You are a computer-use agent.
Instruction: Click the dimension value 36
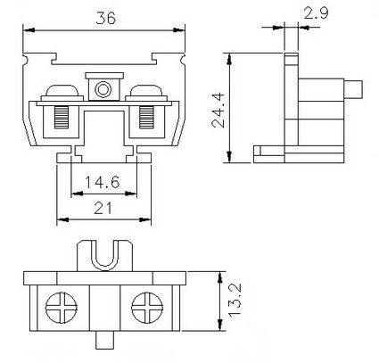click(105, 18)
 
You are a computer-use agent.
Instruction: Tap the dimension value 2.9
click(316, 13)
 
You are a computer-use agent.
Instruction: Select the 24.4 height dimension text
click(218, 110)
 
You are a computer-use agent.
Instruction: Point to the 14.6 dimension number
click(103, 182)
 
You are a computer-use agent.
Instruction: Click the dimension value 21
click(103, 208)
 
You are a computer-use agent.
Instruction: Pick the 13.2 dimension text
click(235, 301)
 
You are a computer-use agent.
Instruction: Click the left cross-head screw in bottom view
click(62, 308)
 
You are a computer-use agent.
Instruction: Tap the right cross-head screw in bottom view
click(147, 308)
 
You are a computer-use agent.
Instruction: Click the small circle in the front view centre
click(103, 89)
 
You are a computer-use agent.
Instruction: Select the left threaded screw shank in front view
click(62, 118)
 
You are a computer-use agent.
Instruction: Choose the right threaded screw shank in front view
click(147, 118)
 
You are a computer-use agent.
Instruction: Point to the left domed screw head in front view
click(62, 90)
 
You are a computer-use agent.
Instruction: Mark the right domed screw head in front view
click(145, 90)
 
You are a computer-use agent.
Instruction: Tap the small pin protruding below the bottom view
click(105, 341)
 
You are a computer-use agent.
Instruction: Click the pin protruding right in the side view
click(353, 89)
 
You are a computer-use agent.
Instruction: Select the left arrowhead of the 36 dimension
click(29, 30)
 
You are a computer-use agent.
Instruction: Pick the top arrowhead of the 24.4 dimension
click(229, 59)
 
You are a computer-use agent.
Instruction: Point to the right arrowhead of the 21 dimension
click(145, 219)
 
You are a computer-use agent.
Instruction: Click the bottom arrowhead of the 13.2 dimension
click(220, 325)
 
